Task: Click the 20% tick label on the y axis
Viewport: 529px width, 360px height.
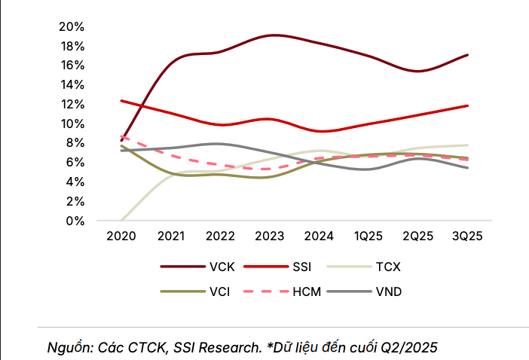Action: click(x=72, y=26)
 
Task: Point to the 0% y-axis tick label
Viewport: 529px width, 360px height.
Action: click(x=75, y=221)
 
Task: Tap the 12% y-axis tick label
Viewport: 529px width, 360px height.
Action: click(x=72, y=104)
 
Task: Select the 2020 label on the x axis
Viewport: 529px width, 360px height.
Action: click(x=121, y=236)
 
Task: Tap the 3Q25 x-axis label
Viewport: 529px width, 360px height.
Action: click(x=467, y=236)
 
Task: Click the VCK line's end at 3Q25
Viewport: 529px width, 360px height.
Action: click(x=468, y=55)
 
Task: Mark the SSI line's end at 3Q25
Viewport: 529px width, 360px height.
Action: click(x=468, y=105)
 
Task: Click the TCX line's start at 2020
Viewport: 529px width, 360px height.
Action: click(x=121, y=221)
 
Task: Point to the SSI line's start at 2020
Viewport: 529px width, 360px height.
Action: click(x=121, y=100)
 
